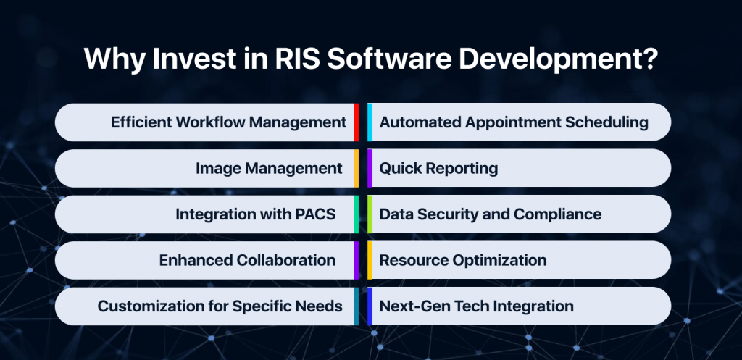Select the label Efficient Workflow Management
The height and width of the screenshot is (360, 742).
tap(228, 122)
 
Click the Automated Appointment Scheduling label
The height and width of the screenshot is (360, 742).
tap(514, 122)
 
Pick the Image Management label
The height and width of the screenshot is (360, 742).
tap(269, 169)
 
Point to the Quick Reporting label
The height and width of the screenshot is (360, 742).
tap(438, 169)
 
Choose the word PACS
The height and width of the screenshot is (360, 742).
tap(315, 214)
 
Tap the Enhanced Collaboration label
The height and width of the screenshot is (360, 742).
tap(247, 260)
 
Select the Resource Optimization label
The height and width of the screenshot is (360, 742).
tap(463, 260)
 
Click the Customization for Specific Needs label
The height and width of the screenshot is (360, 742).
tap(220, 306)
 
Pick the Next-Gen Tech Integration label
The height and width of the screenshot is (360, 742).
tap(476, 306)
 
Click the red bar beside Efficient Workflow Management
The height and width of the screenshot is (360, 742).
tap(356, 122)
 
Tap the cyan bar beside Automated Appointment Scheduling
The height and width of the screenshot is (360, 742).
tap(370, 122)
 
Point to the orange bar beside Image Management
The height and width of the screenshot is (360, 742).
tap(356, 169)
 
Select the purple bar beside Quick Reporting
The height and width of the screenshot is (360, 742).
tap(370, 169)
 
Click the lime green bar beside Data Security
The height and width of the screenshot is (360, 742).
tap(370, 214)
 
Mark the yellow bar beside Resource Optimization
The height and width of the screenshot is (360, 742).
tap(370, 260)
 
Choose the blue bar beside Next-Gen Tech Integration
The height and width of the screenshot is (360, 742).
tap(370, 306)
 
